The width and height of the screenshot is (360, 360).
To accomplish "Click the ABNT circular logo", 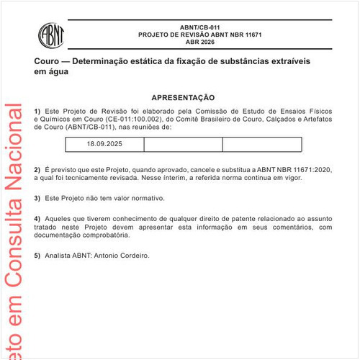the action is click(x=51, y=34).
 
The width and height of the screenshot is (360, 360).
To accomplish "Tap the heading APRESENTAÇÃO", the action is click(x=183, y=97).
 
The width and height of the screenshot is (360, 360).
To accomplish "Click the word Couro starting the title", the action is click(x=48, y=62).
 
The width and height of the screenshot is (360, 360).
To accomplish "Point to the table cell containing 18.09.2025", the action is click(x=104, y=144).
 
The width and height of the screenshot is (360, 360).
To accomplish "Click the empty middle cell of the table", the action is click(x=183, y=144).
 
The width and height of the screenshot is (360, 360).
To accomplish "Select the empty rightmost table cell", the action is click(x=261, y=144).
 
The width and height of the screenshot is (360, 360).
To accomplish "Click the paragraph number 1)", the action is click(x=37, y=110).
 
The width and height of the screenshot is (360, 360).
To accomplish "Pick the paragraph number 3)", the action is click(x=37, y=197).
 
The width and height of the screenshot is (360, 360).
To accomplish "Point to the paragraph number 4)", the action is click(x=37, y=217).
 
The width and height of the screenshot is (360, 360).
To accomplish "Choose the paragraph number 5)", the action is click(x=37, y=256).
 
